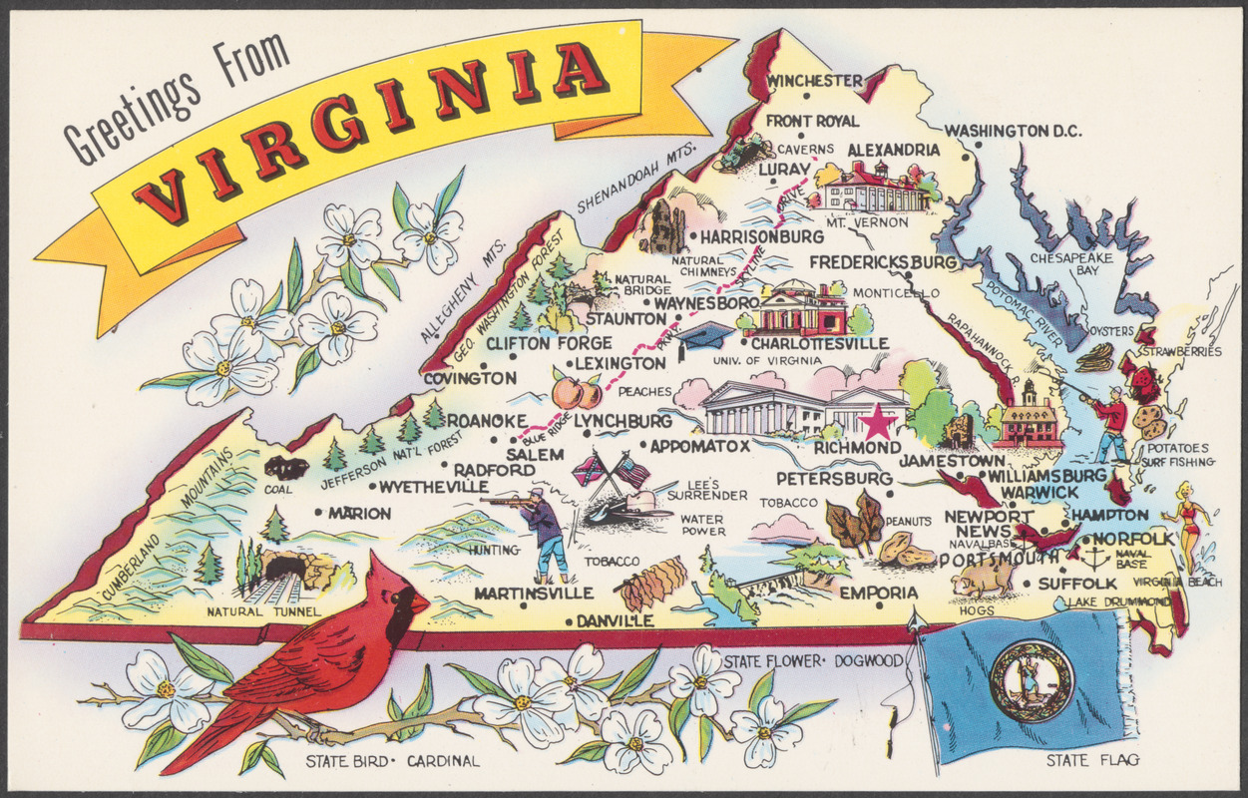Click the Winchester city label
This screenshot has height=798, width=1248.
814,81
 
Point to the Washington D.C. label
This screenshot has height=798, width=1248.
1013,131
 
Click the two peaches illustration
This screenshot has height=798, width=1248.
576,392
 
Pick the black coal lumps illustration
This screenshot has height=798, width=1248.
286,468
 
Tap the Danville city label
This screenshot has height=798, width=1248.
616,620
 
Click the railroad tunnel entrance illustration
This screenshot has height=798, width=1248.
285,570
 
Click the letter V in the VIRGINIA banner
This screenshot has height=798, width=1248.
160,197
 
